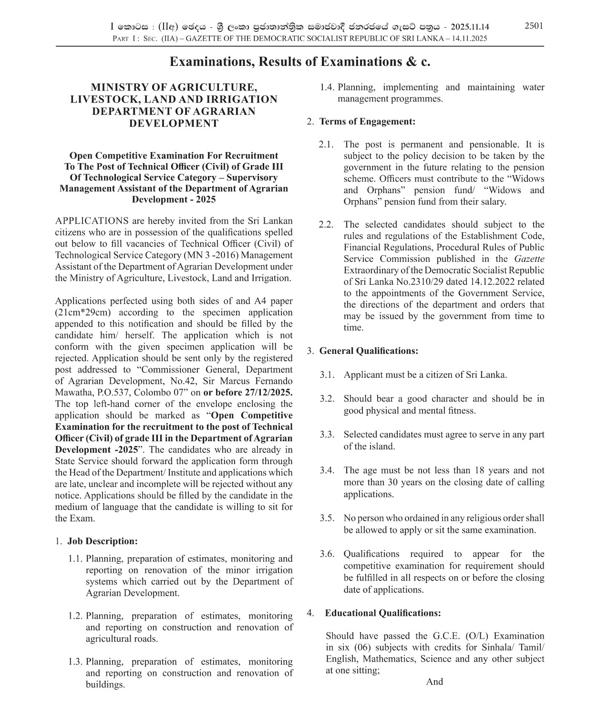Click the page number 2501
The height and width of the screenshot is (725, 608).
534,26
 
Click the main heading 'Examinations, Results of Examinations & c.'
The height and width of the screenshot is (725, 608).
300,62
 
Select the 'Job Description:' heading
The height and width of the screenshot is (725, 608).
102,541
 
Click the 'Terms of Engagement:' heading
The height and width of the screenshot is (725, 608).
367,121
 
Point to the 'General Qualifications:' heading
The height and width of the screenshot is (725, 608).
369,351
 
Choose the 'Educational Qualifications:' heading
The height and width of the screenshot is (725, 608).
382,613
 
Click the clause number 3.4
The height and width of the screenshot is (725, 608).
327,470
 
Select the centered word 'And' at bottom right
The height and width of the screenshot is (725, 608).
434,682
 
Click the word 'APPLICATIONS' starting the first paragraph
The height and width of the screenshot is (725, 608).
92,221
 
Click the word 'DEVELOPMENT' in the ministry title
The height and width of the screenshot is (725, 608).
174,124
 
